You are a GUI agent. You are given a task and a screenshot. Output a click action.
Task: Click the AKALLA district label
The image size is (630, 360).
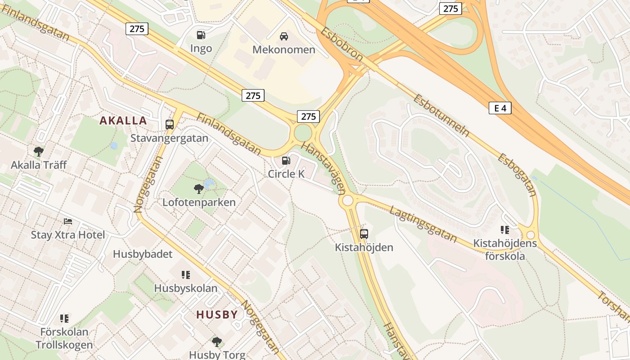coord(123,121)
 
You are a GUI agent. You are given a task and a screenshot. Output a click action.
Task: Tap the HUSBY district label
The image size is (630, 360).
coord(217,315)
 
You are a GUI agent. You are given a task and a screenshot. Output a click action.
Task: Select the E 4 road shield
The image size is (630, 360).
coord(500,108)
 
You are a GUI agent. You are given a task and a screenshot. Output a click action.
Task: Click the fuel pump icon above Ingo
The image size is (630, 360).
coord(201,35)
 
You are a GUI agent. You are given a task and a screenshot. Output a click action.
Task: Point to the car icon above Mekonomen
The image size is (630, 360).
coord(284,36)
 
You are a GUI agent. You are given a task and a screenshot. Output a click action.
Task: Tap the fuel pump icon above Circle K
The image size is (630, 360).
coord(286,160)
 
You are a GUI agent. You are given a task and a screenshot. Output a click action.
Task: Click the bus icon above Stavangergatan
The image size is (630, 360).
coord(170,125)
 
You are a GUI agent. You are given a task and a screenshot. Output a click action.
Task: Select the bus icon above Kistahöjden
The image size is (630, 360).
coord(364,234)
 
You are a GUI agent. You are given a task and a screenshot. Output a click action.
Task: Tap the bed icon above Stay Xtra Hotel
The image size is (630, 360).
coord(68,221)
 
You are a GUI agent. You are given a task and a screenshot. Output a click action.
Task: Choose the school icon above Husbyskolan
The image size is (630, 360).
coord(185,274)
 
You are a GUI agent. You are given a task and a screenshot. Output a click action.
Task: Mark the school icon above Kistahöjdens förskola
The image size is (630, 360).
coord(505,230)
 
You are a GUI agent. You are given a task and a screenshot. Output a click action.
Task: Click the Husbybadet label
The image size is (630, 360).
coord(143,254)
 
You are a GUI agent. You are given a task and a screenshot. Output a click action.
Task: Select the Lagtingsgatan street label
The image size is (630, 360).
coord(423,224)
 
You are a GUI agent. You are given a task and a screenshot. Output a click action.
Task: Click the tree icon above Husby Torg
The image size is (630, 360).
coord(217,342)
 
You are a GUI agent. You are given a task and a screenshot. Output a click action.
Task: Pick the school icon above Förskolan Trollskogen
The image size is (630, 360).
coord(64,319)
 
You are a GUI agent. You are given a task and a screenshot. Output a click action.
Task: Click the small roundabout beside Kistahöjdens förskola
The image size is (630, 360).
coord(531,235)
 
